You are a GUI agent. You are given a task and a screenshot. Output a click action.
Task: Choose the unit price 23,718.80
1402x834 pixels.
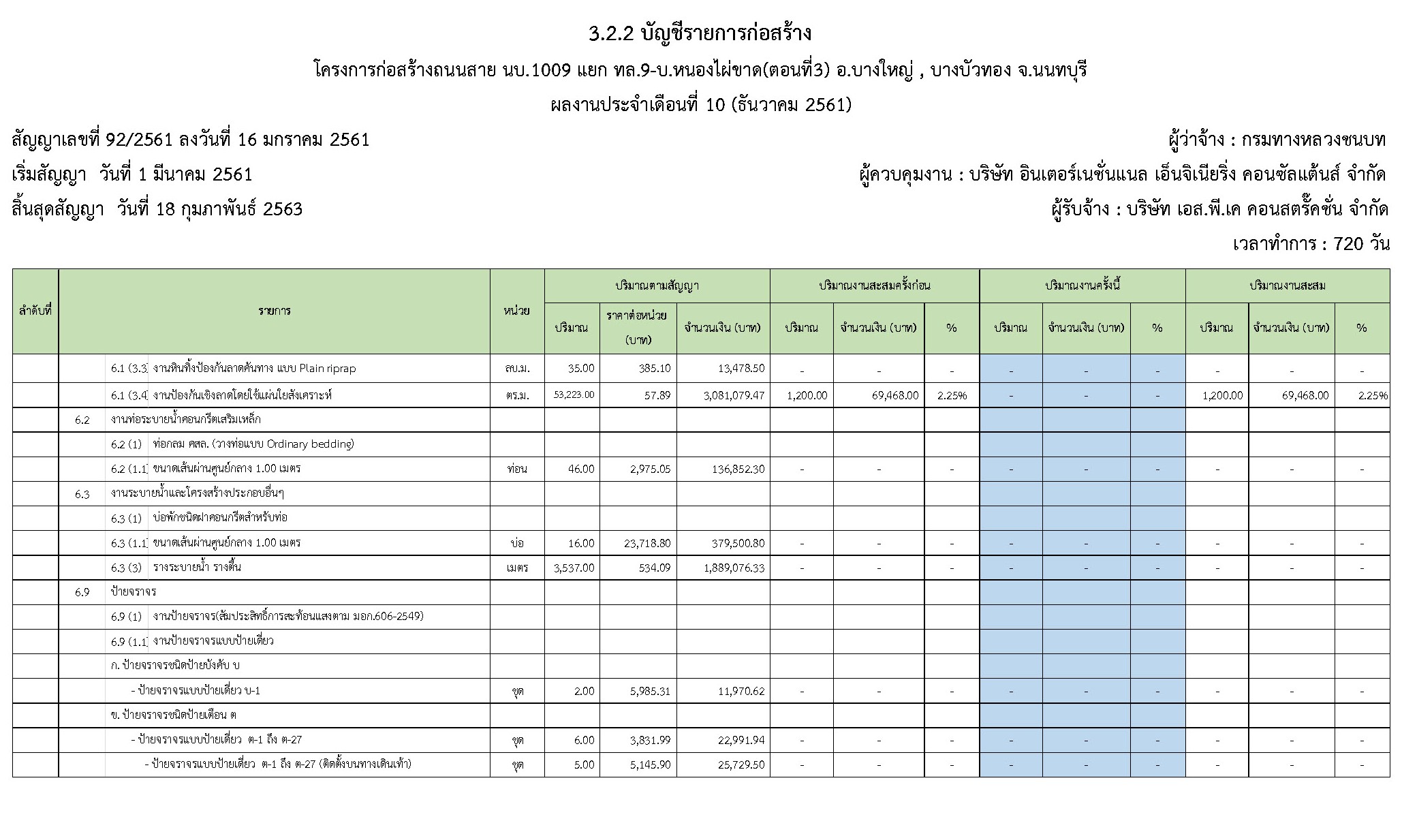click(x=647, y=543)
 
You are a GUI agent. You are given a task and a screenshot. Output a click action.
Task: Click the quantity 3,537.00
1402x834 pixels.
click(x=575, y=568)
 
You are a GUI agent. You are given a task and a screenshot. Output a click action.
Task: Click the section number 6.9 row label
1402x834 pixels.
click(x=82, y=592)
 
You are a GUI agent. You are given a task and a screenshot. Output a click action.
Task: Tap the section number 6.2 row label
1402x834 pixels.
click(x=82, y=420)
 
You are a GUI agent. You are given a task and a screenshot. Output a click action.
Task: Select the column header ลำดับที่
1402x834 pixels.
click(x=35, y=311)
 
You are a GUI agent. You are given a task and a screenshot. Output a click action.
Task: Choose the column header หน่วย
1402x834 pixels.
click(x=517, y=311)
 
